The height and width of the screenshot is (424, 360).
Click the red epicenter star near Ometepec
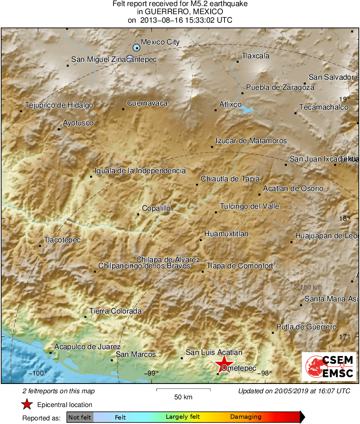pos(223,363)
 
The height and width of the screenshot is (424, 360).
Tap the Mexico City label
pos(160,42)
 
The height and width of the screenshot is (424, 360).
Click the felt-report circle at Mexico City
pos(137,48)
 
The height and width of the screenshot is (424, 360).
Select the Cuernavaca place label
pos(147,103)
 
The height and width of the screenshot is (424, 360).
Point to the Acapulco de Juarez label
pos(87,347)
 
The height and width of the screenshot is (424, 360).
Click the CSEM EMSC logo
pos(329,366)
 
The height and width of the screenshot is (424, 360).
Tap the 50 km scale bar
pos(183,390)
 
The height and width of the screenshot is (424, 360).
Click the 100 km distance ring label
pos(311,287)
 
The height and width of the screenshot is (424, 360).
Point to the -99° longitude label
pos(152,373)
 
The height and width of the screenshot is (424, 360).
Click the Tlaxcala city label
pos(255,56)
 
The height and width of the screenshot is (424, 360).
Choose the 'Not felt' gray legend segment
pos(80,417)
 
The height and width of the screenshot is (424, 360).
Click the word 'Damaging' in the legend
pos(246,417)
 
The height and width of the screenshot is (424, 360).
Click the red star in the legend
pos(27,405)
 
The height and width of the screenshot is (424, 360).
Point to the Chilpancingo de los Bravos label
pos(144,266)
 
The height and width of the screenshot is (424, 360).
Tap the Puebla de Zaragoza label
pos(280,87)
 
